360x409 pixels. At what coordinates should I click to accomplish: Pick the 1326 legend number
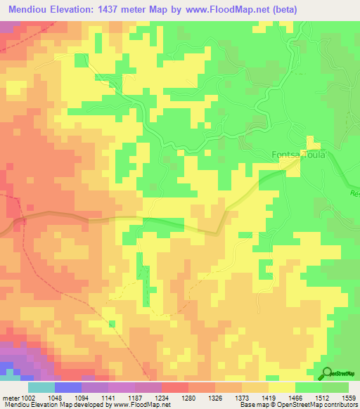pos(214,397)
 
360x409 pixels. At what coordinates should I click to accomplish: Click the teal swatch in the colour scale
pos(41,387)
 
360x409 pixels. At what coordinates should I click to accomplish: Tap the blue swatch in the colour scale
pos(68,387)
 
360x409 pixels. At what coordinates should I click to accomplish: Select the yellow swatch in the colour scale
pos(282,387)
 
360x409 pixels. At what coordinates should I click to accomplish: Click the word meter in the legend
pos(11,397)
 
